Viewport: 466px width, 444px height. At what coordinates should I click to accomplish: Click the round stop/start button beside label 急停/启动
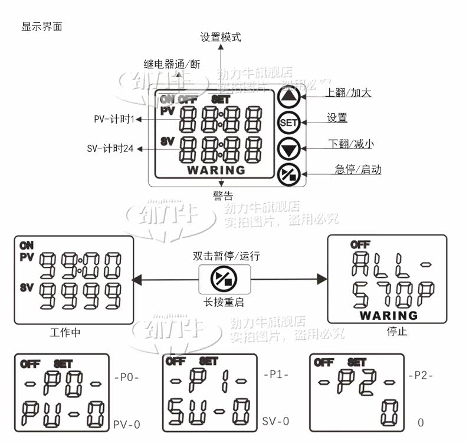click(289, 174)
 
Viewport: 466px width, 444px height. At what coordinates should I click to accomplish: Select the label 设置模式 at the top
click(221, 37)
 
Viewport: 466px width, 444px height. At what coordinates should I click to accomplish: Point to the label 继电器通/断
click(172, 64)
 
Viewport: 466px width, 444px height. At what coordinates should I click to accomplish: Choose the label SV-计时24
click(110, 149)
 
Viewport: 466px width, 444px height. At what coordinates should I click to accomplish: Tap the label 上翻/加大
click(349, 92)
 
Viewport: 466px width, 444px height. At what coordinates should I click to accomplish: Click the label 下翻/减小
click(350, 144)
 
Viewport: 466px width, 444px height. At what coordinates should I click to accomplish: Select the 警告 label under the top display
click(223, 196)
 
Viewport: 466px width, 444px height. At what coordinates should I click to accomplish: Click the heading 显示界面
click(41, 26)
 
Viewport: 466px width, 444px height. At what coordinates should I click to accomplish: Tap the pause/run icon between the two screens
click(225, 279)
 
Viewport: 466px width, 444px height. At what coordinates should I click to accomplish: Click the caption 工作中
click(65, 333)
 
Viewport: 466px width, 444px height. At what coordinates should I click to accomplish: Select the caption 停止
click(396, 332)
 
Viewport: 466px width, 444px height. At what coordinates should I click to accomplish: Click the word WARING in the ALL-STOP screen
click(388, 315)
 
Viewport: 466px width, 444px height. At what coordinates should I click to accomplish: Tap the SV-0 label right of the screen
click(275, 421)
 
